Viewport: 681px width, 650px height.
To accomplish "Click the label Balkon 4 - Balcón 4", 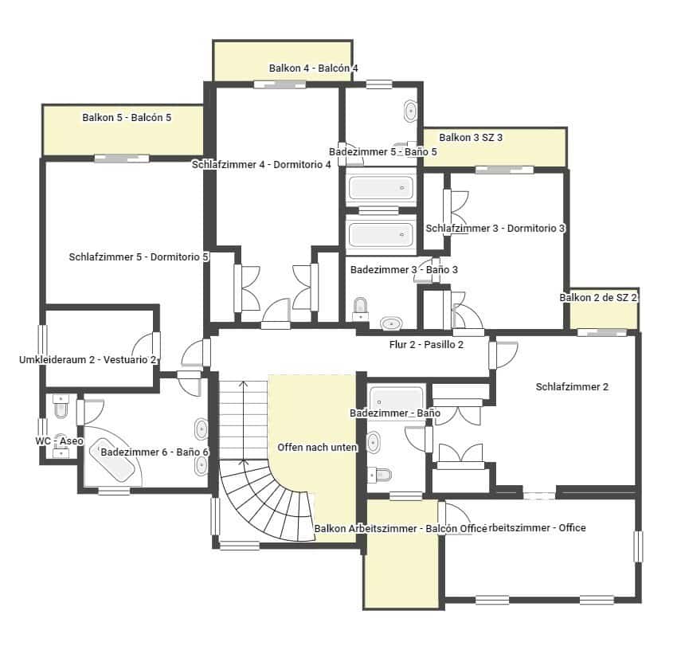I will click(x=313, y=69).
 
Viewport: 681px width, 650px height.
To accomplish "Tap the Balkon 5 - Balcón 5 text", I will click(x=127, y=118).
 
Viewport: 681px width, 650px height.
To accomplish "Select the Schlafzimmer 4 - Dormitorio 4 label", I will click(x=261, y=165).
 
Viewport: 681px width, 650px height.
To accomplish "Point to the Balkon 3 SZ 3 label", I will click(x=471, y=138).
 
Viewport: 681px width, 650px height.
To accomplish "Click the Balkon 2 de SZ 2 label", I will click(x=599, y=297).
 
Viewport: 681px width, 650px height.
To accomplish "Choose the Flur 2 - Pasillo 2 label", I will click(x=421, y=345).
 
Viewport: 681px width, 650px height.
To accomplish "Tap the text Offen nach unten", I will click(x=317, y=448).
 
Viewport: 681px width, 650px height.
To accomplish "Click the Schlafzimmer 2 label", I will click(x=572, y=387).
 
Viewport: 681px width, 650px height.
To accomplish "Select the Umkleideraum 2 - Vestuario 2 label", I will click(x=88, y=360).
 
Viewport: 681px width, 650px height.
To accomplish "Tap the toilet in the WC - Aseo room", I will click(x=61, y=409).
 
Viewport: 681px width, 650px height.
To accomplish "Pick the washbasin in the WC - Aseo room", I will click(x=61, y=452).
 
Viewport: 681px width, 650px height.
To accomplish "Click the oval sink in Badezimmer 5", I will click(x=411, y=111).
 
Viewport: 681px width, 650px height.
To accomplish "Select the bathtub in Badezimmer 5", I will click(x=381, y=188).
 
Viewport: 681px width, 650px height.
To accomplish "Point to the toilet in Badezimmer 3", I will click(x=361, y=307).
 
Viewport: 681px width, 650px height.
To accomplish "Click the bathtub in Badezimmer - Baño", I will click(x=397, y=397).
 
